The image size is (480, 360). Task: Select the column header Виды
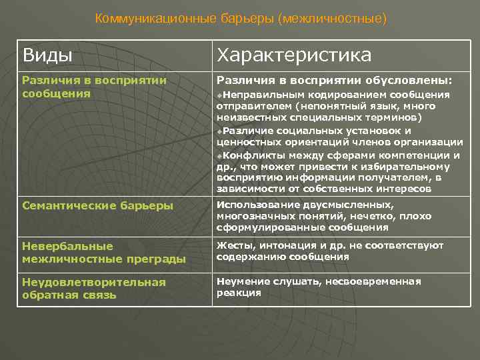coord(47,55)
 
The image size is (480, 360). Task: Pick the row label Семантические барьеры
coord(97,206)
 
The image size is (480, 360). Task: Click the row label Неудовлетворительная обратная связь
coord(93,288)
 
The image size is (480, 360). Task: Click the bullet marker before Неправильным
coord(220,95)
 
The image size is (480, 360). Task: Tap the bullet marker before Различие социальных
coord(220,130)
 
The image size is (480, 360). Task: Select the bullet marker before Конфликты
coord(220,155)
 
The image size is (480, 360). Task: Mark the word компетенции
coord(415,155)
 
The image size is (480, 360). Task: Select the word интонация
coord(278,246)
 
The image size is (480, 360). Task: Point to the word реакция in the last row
coord(238,292)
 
